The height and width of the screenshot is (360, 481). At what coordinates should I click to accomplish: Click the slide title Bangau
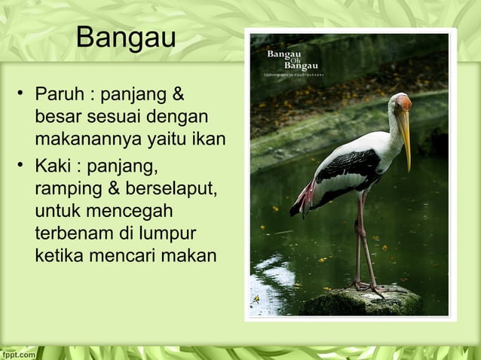pos(126,37)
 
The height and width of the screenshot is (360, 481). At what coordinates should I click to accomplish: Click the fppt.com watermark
pos(18,353)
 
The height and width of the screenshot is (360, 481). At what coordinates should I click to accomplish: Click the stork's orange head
pos(403,102)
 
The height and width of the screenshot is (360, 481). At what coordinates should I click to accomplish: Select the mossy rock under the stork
pos(362,301)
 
